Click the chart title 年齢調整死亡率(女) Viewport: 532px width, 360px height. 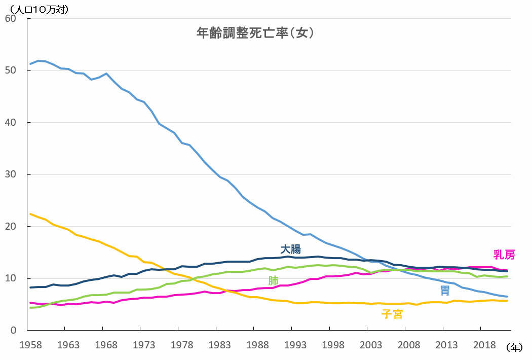(x=256, y=33)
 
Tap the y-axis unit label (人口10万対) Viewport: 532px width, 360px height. (x=36, y=9)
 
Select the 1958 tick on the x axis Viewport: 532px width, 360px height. (x=30, y=345)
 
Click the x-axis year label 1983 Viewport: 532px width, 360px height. (x=219, y=345)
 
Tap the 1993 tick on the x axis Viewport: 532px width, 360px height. (x=295, y=345)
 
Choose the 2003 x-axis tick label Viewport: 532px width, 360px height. (x=371, y=345)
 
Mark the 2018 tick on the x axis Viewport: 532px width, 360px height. (x=484, y=345)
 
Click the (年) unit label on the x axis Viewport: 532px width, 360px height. (x=514, y=347)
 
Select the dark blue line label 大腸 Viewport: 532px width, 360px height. (x=291, y=249)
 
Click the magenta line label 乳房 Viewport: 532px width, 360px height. (x=504, y=255)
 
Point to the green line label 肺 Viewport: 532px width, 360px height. (x=273, y=280)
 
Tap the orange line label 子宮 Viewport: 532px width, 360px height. (x=392, y=314)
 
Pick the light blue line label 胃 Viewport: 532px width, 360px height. (x=445, y=291)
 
